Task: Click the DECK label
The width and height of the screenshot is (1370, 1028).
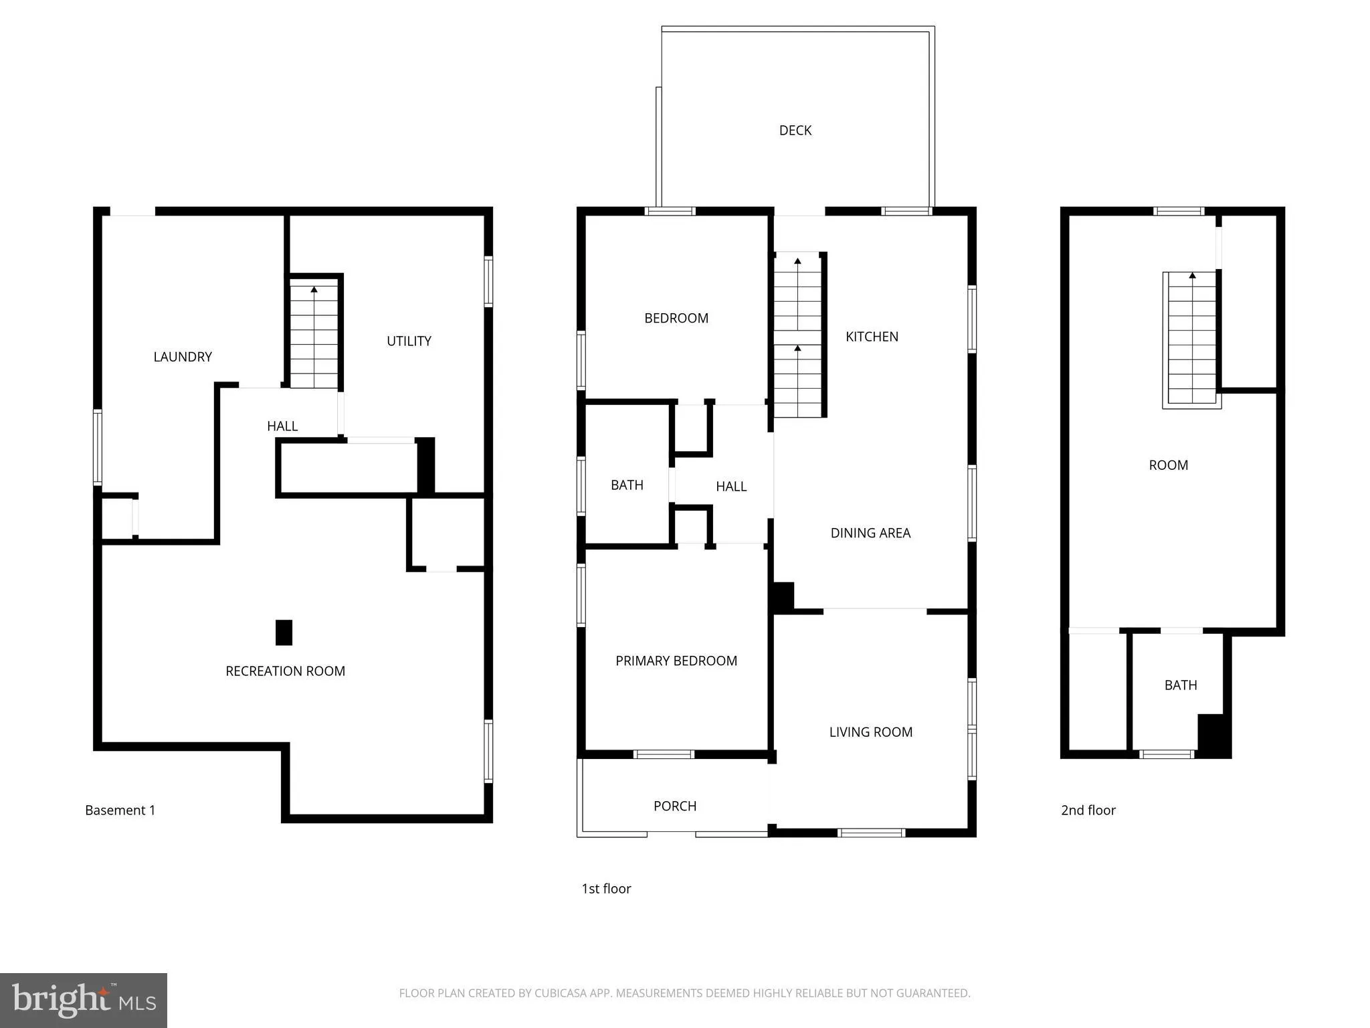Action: click(795, 131)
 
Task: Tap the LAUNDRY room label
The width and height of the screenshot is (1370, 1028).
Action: click(183, 357)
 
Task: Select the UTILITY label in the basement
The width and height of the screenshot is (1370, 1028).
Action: click(409, 341)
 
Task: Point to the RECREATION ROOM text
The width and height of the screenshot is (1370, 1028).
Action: click(285, 671)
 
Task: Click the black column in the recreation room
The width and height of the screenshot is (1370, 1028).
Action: click(284, 632)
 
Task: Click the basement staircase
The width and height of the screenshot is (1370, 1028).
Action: click(314, 335)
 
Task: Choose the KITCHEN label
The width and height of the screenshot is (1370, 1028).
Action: click(872, 337)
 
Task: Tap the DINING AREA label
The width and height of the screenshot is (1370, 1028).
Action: click(870, 533)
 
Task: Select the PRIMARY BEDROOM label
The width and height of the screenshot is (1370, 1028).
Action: click(676, 661)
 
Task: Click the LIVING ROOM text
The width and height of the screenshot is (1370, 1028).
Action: click(870, 732)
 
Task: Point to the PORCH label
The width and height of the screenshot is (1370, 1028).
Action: click(674, 806)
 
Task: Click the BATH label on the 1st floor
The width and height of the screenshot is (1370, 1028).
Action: click(627, 485)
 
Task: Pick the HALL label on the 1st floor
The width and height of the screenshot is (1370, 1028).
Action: click(730, 487)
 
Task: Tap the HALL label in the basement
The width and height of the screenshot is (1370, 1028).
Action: click(282, 426)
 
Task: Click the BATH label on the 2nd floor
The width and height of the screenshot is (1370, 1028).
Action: click(1180, 685)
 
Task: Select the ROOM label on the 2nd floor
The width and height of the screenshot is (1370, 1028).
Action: click(1168, 465)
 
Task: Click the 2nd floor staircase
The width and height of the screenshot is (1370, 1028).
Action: click(1191, 338)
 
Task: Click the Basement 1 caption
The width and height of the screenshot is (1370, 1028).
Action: click(120, 810)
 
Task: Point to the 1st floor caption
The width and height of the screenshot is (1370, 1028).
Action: click(606, 888)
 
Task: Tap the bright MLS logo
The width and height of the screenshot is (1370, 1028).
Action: click(84, 1000)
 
